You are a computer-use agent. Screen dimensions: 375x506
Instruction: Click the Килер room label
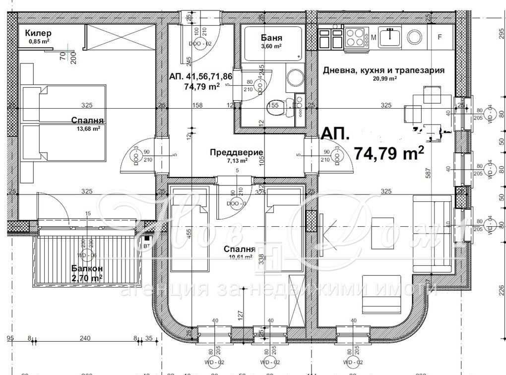(38, 33)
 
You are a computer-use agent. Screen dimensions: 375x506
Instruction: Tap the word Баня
(271, 38)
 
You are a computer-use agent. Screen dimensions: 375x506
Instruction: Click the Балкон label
(87, 268)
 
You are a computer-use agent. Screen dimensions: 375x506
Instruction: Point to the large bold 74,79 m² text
(388, 153)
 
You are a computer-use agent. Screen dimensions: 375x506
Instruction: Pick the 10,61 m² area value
(239, 257)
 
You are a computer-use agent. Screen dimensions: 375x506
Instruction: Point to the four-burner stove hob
(355, 37)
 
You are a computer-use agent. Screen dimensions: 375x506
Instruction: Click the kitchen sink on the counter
(391, 36)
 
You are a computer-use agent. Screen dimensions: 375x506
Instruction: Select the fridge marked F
(439, 37)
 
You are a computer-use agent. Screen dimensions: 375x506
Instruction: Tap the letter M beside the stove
(374, 37)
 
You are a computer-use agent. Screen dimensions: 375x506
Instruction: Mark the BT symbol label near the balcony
(146, 246)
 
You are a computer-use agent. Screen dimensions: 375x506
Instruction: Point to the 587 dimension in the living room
(427, 173)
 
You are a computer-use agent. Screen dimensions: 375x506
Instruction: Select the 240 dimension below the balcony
(85, 339)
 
